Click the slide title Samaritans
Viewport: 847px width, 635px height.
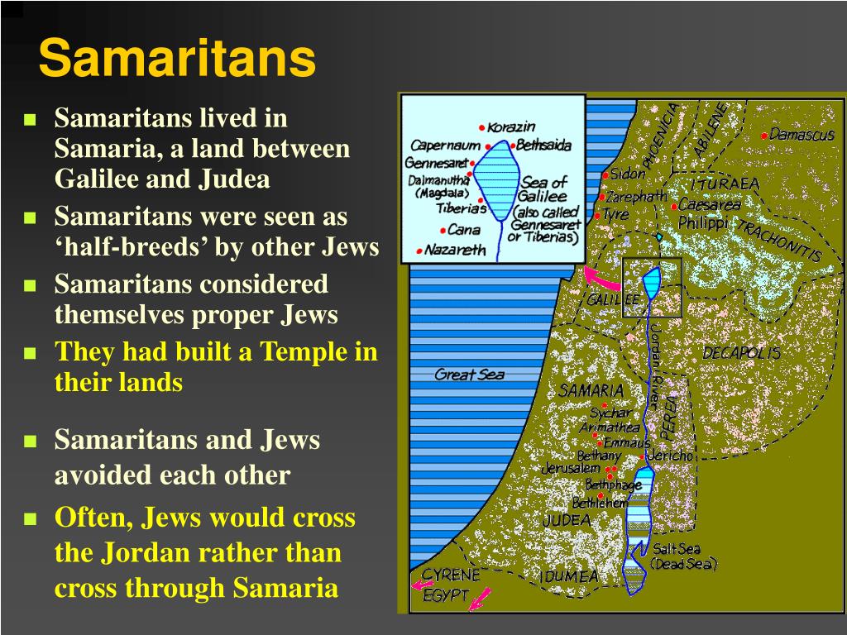[177, 59]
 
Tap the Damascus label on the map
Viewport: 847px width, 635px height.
[802, 135]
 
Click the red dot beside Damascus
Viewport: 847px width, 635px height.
[763, 136]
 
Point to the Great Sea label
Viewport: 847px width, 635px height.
[469, 375]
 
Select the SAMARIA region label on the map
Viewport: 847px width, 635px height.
[591, 390]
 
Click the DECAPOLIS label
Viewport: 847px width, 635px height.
[741, 353]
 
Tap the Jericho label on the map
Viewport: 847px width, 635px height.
[670, 456]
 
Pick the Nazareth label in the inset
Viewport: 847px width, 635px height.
[455, 250]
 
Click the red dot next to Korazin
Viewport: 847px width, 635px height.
[482, 128]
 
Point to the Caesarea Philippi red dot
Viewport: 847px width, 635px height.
[674, 206]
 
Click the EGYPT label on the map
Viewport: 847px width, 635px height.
[446, 595]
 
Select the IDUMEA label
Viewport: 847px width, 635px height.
[569, 576]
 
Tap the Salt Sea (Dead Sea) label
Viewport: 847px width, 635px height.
[684, 556]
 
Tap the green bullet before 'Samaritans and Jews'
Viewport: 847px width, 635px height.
[30, 442]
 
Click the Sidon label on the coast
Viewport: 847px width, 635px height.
[628, 174]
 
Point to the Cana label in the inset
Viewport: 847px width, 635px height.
[464, 230]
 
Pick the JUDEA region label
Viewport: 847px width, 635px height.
[566, 520]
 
